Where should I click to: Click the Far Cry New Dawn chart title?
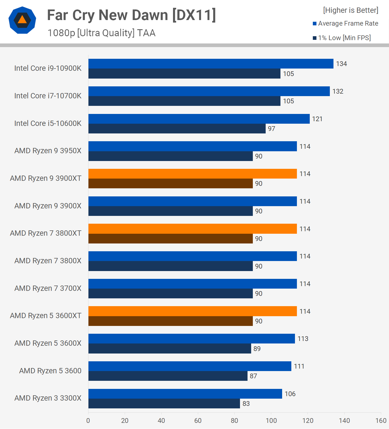click(131, 15)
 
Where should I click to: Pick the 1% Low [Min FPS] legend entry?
click(342, 38)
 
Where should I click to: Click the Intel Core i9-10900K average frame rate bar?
click(211, 64)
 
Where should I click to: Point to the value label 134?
click(341, 64)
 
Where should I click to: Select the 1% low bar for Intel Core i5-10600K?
click(177, 129)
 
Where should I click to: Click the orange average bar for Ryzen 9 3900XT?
click(193, 174)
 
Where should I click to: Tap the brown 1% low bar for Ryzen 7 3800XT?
click(171, 239)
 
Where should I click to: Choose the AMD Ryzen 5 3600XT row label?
click(46, 316)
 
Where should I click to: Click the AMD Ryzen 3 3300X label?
click(48, 398)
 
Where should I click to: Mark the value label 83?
click(246, 404)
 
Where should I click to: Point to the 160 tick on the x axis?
click(381, 421)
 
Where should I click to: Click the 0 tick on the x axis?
click(88, 421)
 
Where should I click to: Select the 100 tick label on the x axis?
click(271, 421)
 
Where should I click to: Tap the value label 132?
click(338, 91)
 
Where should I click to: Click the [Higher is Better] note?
click(350, 10)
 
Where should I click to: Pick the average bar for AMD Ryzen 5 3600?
click(190, 366)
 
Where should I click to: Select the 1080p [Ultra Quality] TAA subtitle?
click(102, 33)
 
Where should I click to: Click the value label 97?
click(272, 129)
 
